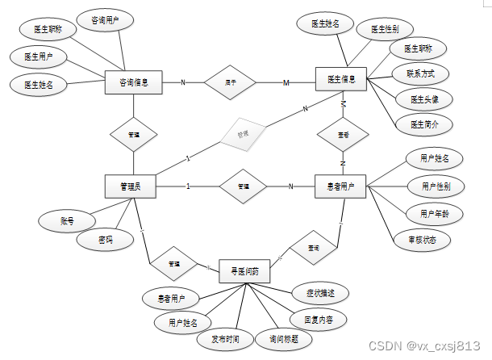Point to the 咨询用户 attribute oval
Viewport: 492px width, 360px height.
click(x=106, y=18)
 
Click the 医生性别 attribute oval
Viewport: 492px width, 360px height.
click(x=386, y=29)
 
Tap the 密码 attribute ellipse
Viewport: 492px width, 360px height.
click(x=105, y=240)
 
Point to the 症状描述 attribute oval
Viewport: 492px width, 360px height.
click(x=309, y=292)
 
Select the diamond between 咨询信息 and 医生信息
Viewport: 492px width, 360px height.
click(x=230, y=82)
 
